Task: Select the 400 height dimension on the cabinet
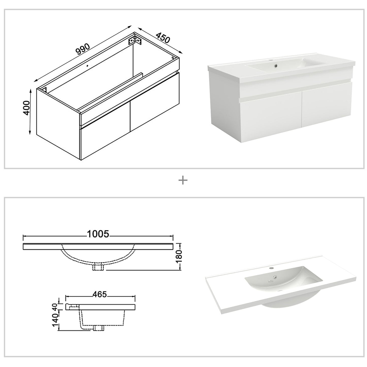pos(27,108)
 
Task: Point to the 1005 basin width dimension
pos(98,234)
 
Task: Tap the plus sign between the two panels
pos(183,181)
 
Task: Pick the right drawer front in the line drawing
pos(154,102)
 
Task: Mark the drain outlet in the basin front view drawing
pos(98,267)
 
